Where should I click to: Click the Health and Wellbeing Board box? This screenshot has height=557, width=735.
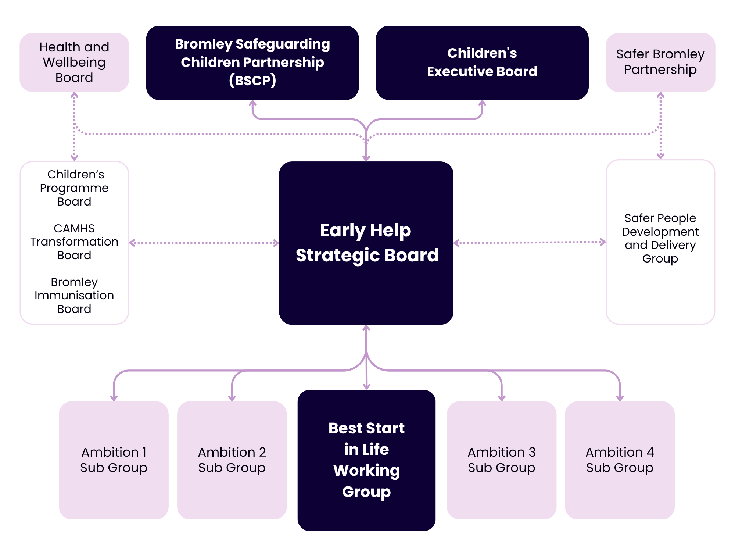(x=74, y=63)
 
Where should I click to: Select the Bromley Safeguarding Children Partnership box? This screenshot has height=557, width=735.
(x=252, y=63)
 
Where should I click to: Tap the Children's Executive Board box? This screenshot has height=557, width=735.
(x=482, y=63)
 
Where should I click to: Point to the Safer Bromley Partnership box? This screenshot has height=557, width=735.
(x=660, y=63)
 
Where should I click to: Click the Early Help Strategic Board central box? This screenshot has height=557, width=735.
(x=366, y=243)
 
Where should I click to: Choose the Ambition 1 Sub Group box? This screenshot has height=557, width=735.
(x=114, y=460)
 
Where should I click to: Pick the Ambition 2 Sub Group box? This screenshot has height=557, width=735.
(x=232, y=460)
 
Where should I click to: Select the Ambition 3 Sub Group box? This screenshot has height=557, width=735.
(x=501, y=460)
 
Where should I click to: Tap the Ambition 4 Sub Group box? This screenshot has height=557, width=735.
(x=620, y=460)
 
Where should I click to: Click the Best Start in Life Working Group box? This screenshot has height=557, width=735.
(x=366, y=460)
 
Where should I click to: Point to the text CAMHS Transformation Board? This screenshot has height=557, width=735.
(x=74, y=242)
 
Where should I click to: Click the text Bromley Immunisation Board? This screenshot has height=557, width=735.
(x=74, y=295)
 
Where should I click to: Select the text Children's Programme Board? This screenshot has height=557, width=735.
(x=74, y=188)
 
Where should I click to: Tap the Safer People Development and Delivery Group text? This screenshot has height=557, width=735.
(x=660, y=238)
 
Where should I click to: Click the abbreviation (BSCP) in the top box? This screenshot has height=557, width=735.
(x=252, y=80)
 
